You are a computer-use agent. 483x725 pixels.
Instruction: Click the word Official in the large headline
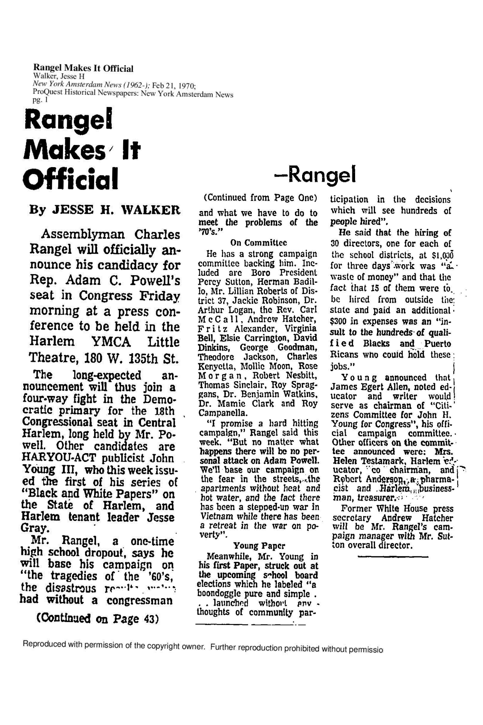(x=70, y=179)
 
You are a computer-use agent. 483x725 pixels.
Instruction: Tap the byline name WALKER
(x=151, y=210)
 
